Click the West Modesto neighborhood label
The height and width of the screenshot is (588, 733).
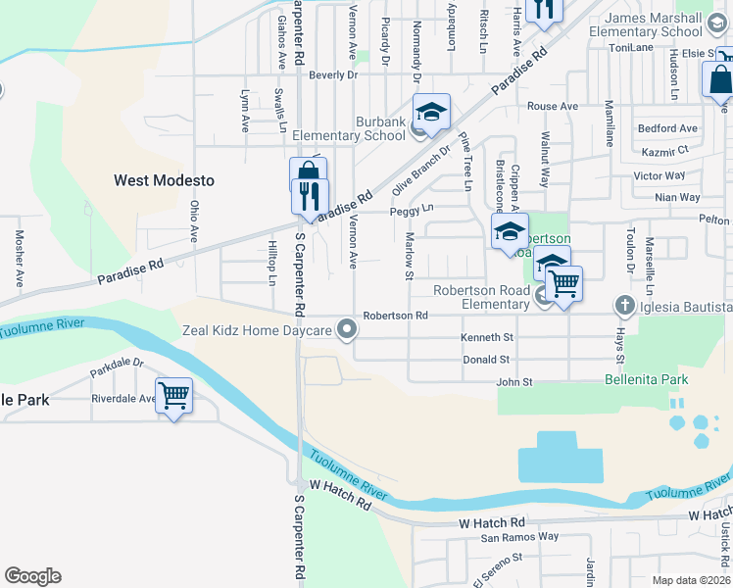(164, 180)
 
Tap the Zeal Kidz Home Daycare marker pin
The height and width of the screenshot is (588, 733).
(345, 330)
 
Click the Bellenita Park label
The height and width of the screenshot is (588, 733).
(646, 379)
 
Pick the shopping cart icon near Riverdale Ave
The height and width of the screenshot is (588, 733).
(173, 396)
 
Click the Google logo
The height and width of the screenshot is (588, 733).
(32, 576)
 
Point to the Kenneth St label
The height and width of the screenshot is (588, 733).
(487, 337)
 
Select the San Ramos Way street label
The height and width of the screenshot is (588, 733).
(518, 537)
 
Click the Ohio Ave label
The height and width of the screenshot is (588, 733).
(194, 221)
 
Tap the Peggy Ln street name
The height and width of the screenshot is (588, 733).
(411, 210)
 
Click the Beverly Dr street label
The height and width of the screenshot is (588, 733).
(332, 74)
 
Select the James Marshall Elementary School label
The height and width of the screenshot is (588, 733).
(654, 25)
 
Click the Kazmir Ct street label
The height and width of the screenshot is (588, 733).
(664, 150)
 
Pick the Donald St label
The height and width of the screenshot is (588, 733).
(487, 360)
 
